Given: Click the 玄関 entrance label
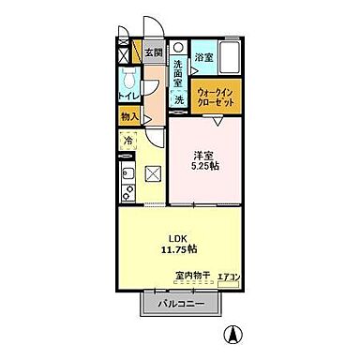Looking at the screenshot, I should [152, 52].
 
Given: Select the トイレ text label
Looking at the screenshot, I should [128, 96].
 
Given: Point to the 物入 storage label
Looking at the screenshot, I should [128, 116].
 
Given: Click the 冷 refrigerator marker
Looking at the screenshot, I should [127, 141].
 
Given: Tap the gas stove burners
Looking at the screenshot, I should [126, 193].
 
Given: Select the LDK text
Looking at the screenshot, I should [177, 237].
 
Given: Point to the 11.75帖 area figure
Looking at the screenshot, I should [177, 249].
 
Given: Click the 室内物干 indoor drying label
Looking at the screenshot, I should [192, 276].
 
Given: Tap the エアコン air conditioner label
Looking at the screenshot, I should [229, 277].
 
